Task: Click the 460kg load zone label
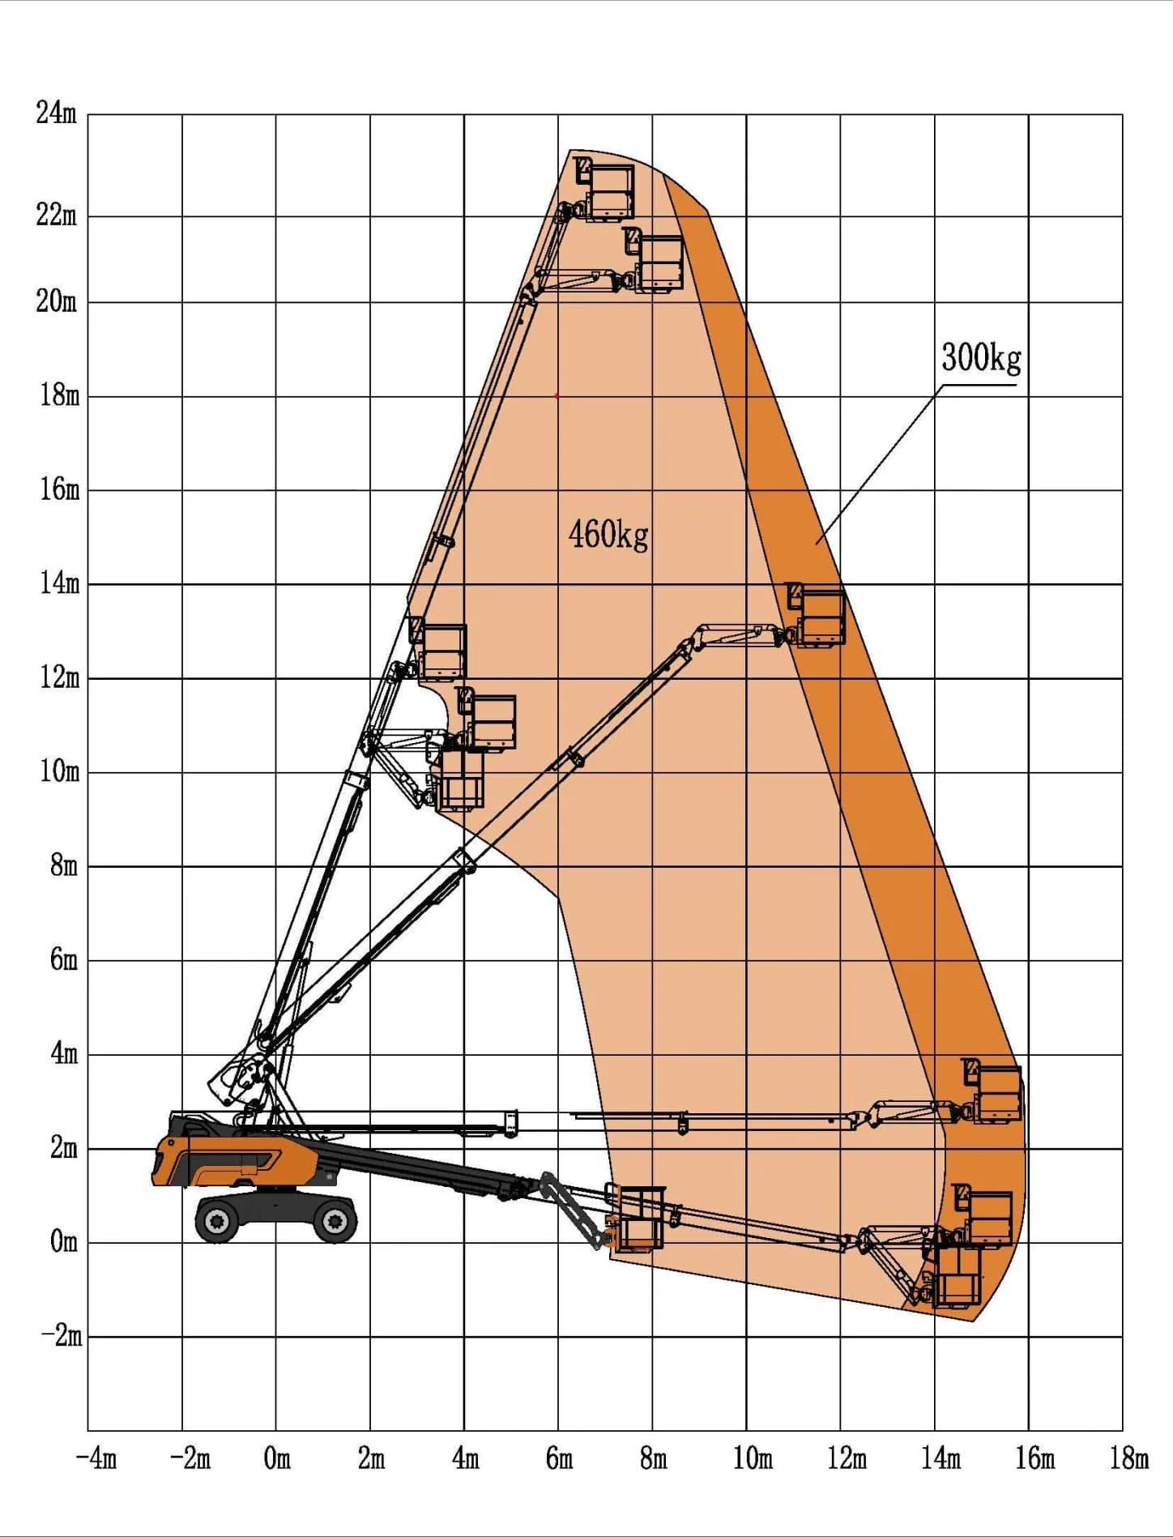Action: [x=608, y=535]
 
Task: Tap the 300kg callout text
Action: [x=981, y=357]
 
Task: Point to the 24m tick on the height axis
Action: [x=57, y=113]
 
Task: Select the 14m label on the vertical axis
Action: [x=60, y=583]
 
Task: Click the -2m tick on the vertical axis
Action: [x=62, y=1335]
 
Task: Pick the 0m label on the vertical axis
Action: [x=63, y=1241]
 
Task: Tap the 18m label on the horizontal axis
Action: [x=1128, y=1458]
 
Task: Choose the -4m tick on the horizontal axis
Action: [x=96, y=1458]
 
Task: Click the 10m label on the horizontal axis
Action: [x=753, y=1458]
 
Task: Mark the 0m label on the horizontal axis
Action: [x=277, y=1458]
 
